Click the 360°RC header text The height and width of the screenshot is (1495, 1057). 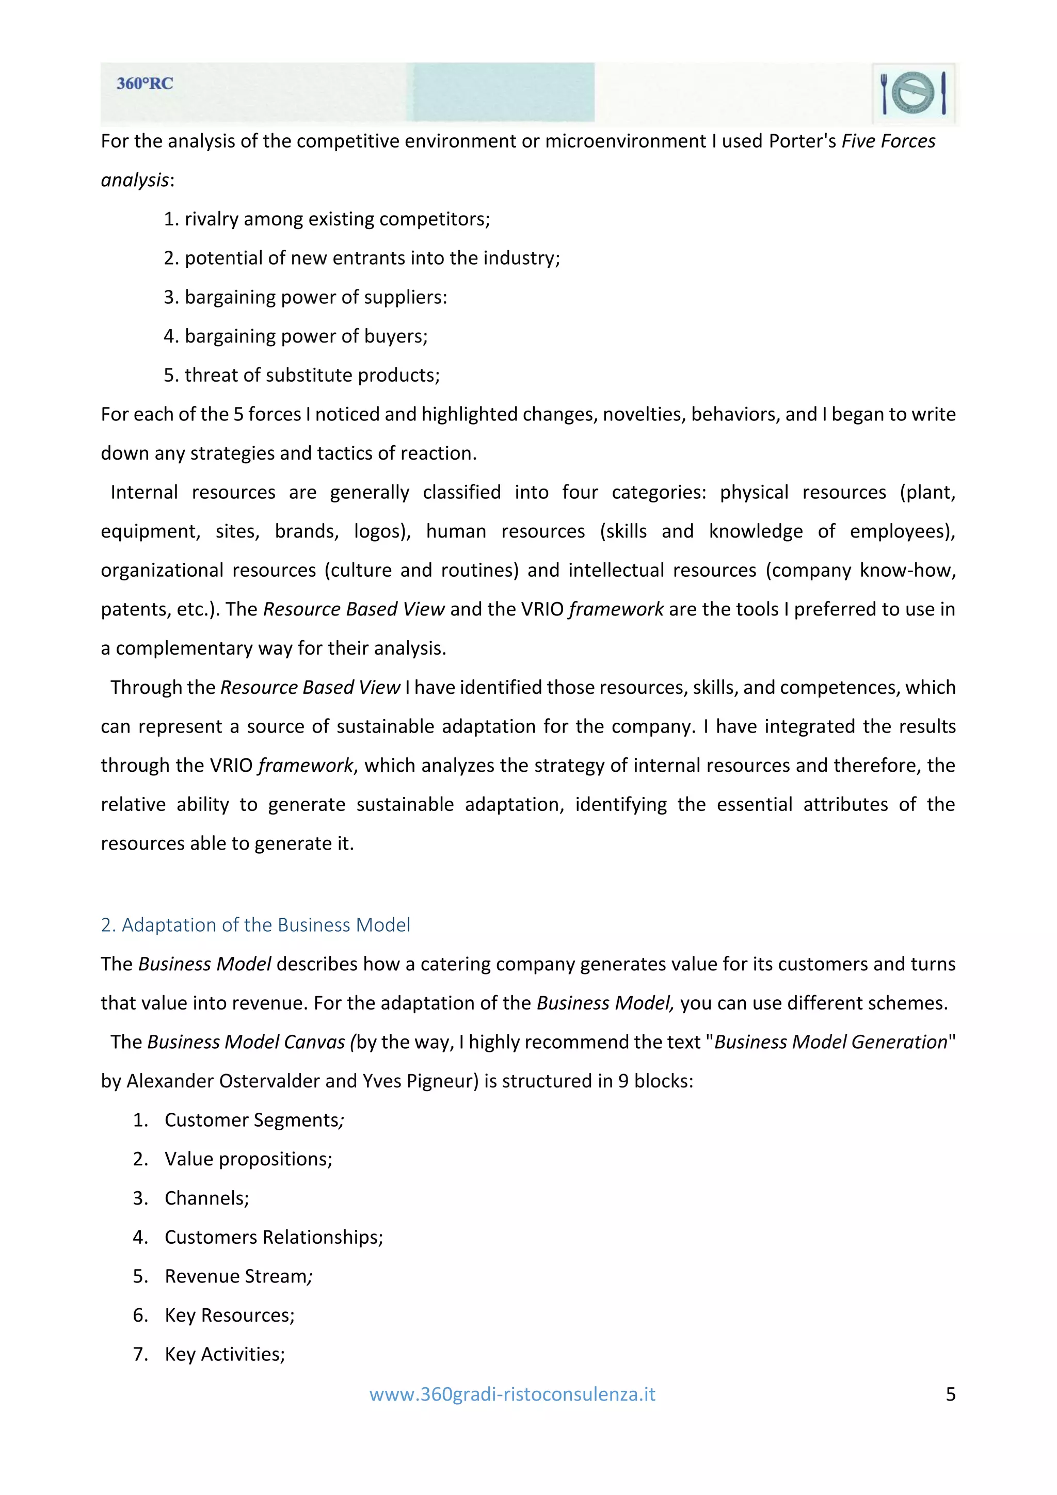coord(145,84)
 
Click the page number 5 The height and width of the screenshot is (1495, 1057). coord(950,1394)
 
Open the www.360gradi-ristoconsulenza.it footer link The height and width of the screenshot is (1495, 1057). coord(512,1394)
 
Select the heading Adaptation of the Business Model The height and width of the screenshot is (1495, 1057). coord(255,924)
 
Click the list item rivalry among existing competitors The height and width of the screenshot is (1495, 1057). coord(326,219)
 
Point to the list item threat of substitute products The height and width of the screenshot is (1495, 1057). coord(301,375)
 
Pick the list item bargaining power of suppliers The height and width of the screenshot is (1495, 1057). coord(306,297)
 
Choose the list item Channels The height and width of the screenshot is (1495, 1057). coord(206,1198)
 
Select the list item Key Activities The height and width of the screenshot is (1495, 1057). coord(225,1354)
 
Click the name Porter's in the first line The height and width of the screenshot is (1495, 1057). coord(803,141)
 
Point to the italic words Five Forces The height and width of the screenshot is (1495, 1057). coord(888,141)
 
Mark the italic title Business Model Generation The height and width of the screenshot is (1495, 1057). coord(830,1042)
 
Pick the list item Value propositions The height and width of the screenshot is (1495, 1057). coord(248,1159)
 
